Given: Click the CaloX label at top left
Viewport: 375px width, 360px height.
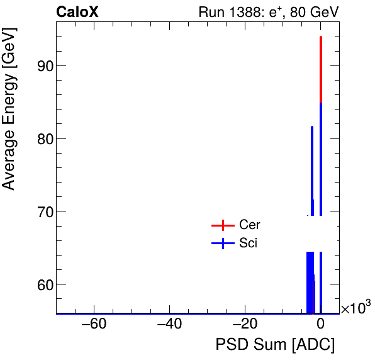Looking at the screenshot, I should (77, 12).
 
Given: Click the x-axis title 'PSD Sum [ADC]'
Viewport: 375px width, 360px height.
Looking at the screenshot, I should (275, 345).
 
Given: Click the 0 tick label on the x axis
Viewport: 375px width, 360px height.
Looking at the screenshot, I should (320, 325).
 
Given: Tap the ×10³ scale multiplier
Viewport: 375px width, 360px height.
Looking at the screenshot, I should (355, 308).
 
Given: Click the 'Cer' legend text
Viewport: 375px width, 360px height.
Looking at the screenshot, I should (250, 225).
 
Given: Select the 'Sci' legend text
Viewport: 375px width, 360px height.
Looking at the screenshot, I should (249, 243).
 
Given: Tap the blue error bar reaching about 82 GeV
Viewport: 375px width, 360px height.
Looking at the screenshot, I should (312, 164).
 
